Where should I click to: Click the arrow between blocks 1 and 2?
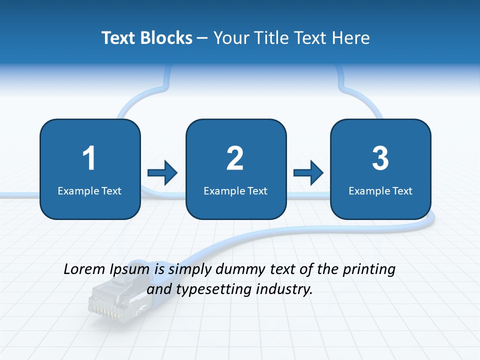click(162, 173)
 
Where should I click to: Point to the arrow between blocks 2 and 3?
click(308, 173)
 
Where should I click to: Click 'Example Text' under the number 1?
click(89, 191)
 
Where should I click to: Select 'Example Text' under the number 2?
click(235, 191)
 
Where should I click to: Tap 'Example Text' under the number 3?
click(380, 191)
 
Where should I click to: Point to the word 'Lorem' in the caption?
click(84, 269)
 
